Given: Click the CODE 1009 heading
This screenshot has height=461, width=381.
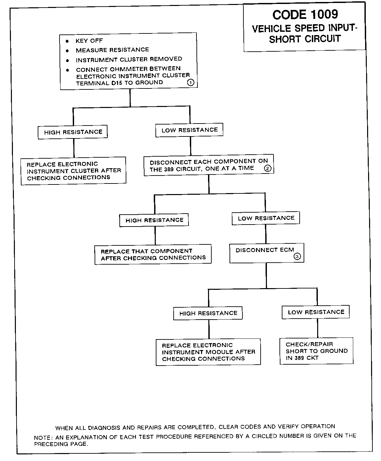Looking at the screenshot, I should click(x=305, y=15).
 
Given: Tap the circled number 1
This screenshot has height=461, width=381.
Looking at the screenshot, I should click(x=191, y=83).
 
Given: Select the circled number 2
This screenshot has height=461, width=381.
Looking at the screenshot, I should click(x=268, y=169).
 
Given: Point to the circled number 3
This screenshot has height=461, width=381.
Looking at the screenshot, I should click(x=297, y=256).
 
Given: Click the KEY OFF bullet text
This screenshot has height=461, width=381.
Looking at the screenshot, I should click(x=89, y=41).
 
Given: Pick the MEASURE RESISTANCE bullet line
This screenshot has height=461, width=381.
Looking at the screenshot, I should click(x=112, y=50).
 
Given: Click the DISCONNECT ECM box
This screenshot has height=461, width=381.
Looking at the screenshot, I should click(x=266, y=253).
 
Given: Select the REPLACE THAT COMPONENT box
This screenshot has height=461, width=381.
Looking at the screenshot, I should click(x=153, y=254).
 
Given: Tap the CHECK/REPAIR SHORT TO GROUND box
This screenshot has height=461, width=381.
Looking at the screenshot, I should click(x=316, y=351).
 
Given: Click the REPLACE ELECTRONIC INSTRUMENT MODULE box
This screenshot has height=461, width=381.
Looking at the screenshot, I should click(x=208, y=352).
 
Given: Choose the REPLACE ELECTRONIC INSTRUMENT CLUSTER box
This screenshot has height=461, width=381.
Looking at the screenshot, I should click(x=73, y=171).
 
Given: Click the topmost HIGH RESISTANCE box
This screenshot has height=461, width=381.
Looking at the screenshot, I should click(x=73, y=132).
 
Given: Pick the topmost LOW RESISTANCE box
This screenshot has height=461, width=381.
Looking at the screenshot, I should click(x=189, y=130).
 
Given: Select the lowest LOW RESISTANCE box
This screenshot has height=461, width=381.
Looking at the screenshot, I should click(x=316, y=312).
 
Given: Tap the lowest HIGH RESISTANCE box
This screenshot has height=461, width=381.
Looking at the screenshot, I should click(x=208, y=313).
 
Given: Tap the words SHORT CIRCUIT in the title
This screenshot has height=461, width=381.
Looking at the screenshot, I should click(x=305, y=39).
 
